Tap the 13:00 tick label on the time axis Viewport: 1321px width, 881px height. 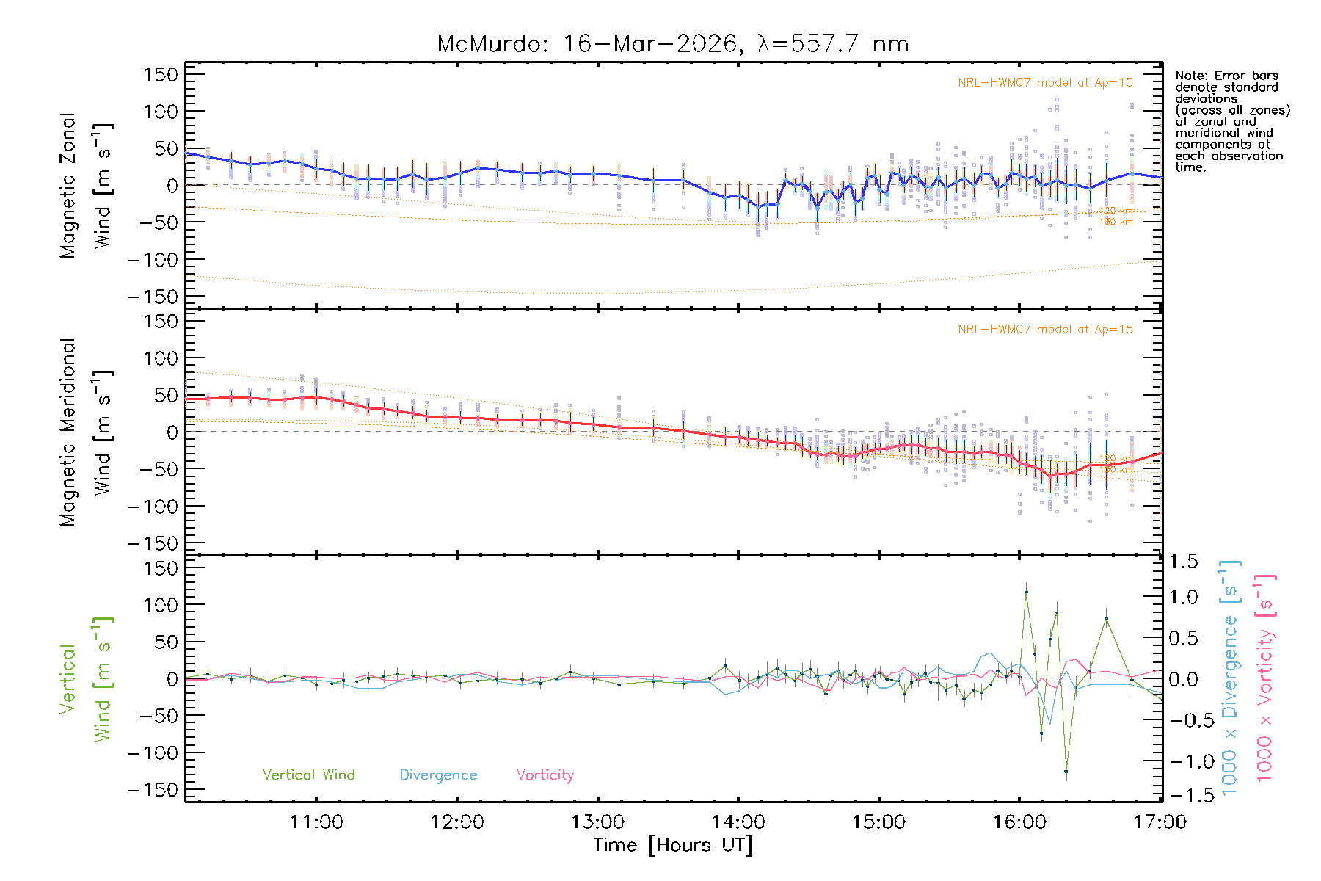coord(598,822)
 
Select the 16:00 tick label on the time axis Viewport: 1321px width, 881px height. coord(1020,822)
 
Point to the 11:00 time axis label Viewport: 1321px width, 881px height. coord(316,822)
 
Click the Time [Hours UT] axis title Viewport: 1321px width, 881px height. coord(673,845)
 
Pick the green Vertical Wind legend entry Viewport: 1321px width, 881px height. coord(308,775)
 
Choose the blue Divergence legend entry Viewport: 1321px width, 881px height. coord(438,775)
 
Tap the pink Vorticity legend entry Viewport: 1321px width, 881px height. coord(545,775)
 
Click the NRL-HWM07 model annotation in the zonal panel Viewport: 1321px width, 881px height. coord(1045,82)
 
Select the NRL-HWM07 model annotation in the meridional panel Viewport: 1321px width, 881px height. coord(1045,329)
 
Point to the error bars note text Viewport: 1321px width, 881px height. coord(1231,121)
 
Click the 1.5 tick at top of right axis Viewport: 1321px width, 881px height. coord(1183,562)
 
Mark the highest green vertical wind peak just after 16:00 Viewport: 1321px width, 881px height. coord(1026,592)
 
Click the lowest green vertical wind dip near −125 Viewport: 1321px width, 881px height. coord(1066,771)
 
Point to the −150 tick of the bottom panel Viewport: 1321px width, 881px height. coord(153,790)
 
